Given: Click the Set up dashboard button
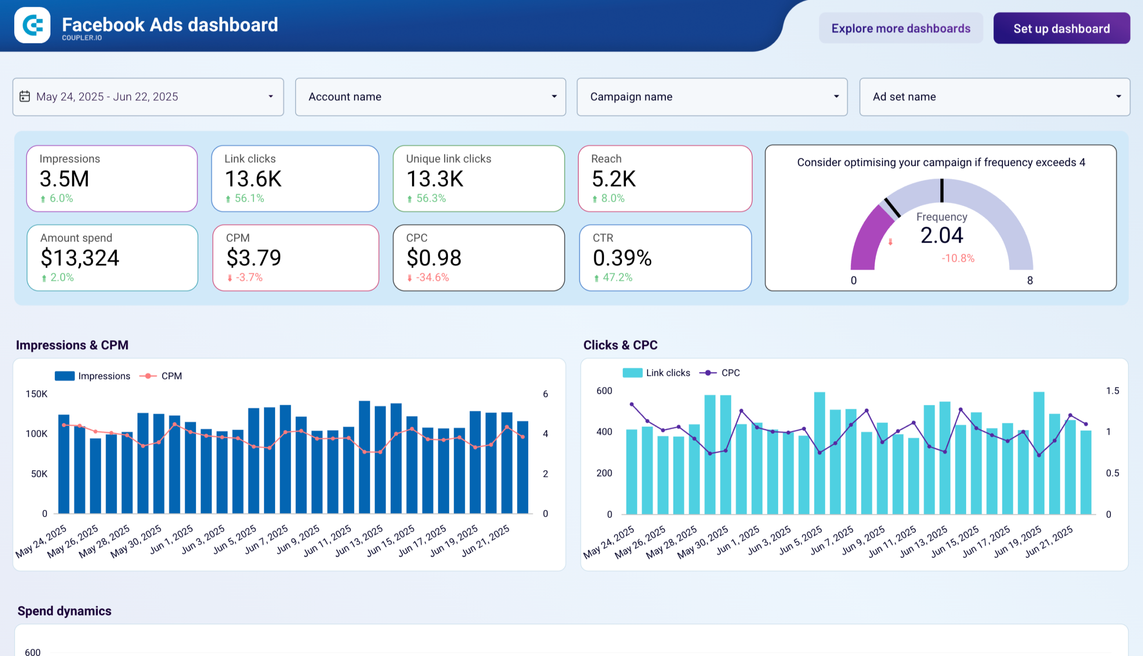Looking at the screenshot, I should coord(1061,29).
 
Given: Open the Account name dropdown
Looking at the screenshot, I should coord(430,97).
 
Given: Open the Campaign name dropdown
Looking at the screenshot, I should coord(712,97).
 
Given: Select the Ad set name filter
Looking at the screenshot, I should coord(994,97).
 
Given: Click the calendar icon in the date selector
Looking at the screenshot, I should coord(25,97).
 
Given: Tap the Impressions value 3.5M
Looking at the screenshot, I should coord(64,179).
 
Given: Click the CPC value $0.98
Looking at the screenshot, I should coord(434,258).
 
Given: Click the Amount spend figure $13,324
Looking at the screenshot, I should coord(79,258).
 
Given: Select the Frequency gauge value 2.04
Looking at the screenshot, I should coord(941,235).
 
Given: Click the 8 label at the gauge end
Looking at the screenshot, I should coord(1030,281).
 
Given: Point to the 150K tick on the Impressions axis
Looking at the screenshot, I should coord(37,394).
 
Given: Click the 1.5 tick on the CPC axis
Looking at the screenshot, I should coord(1112,391).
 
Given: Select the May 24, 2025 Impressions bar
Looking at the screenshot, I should coord(64,464).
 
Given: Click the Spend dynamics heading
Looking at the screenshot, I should coord(64,611).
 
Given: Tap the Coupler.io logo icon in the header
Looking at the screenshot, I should coord(33,25).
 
